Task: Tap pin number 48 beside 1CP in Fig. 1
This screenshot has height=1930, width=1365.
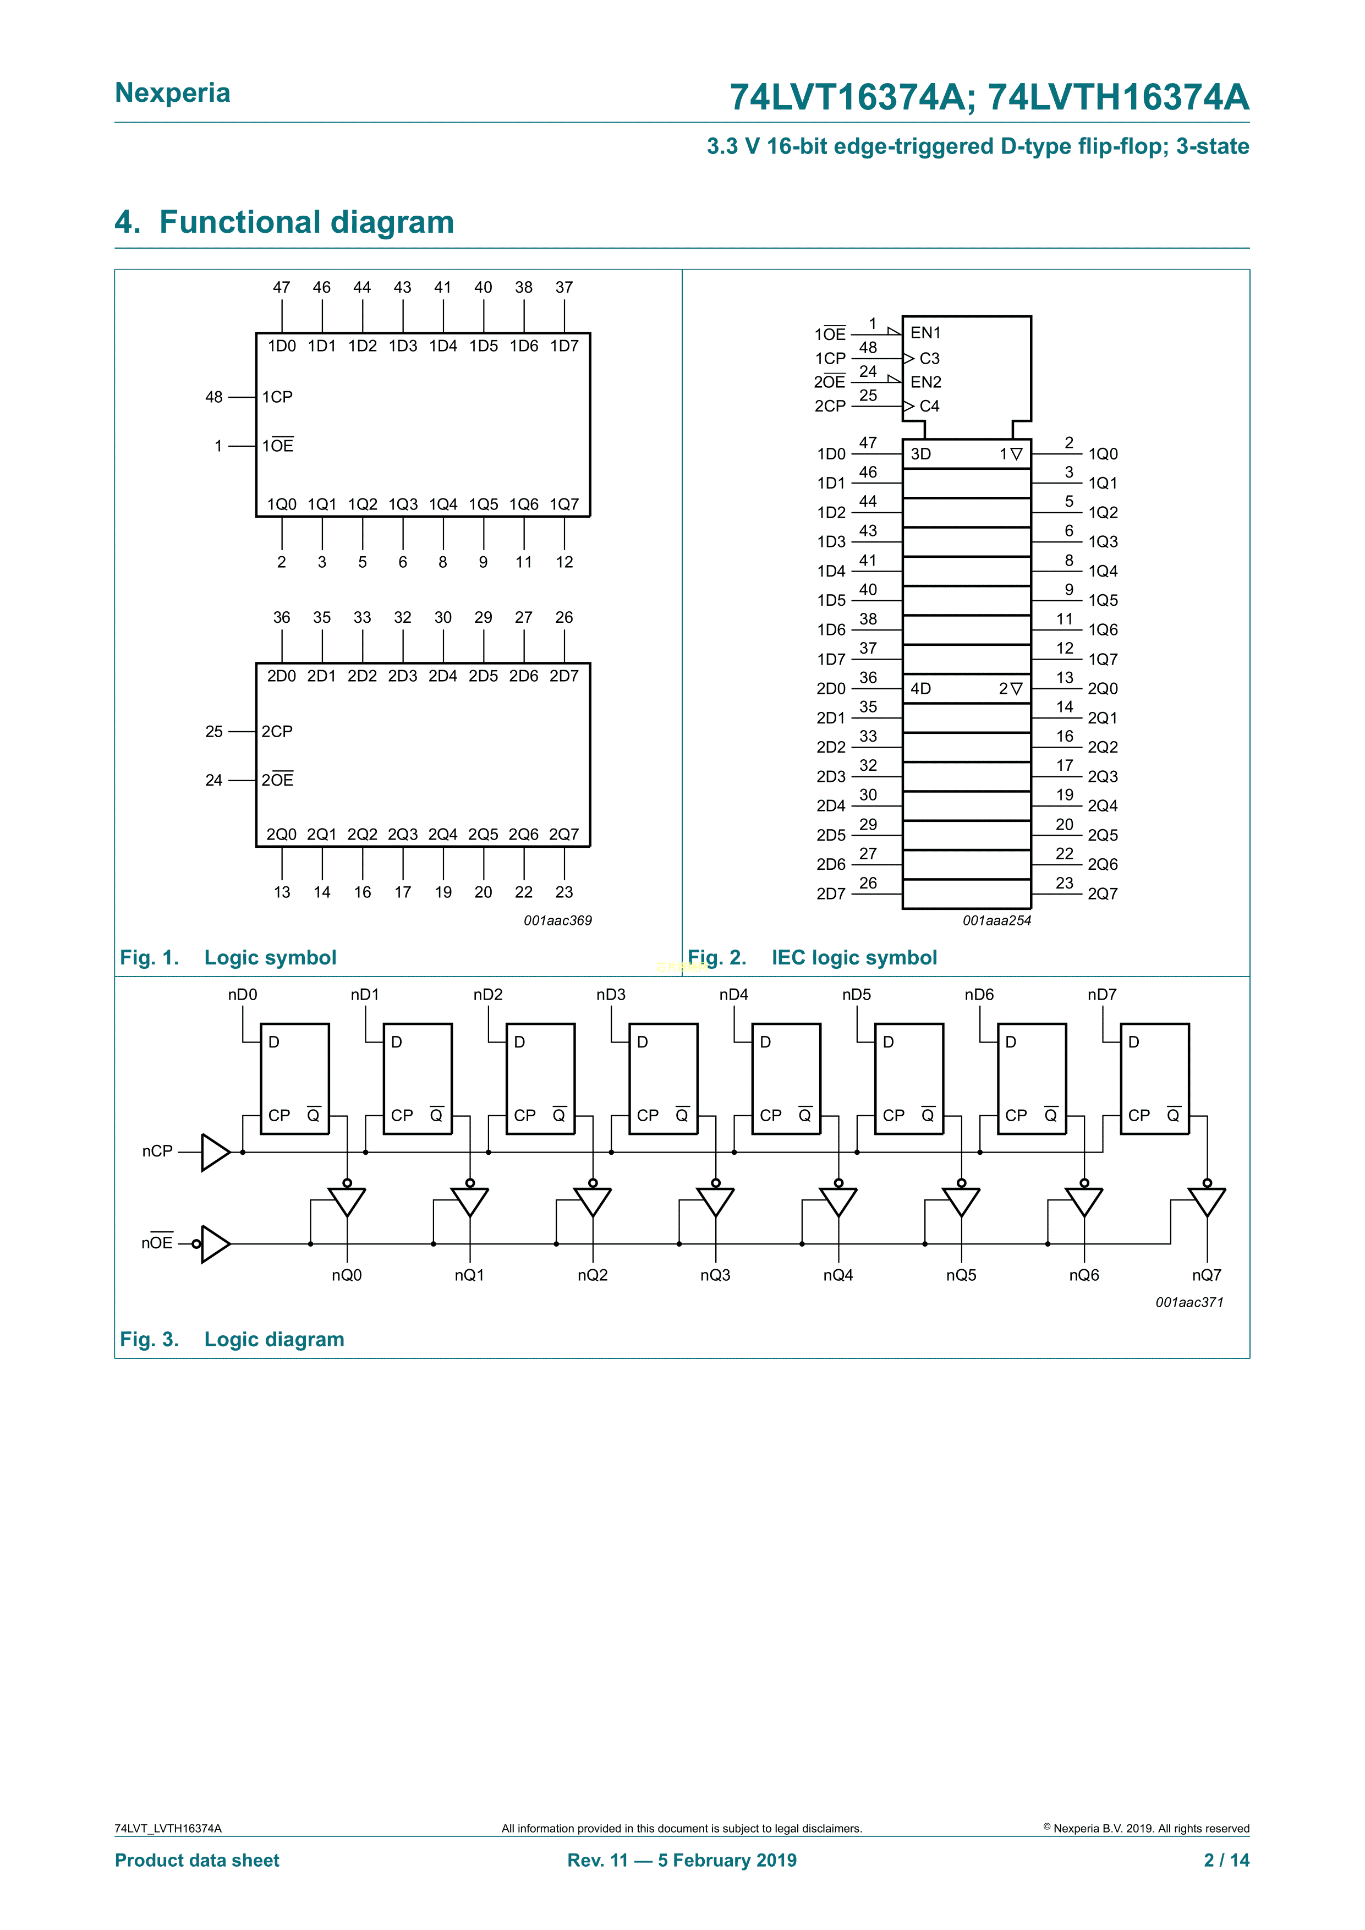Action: point(215,397)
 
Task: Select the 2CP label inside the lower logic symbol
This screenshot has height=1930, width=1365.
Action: point(277,731)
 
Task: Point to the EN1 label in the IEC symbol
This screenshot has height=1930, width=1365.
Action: point(925,333)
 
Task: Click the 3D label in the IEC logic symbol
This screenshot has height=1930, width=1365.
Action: point(920,454)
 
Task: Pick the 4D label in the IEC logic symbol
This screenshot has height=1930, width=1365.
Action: point(920,688)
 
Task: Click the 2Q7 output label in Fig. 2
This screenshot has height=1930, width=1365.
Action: point(1103,893)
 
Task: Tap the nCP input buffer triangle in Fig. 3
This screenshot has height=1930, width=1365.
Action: point(215,1152)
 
